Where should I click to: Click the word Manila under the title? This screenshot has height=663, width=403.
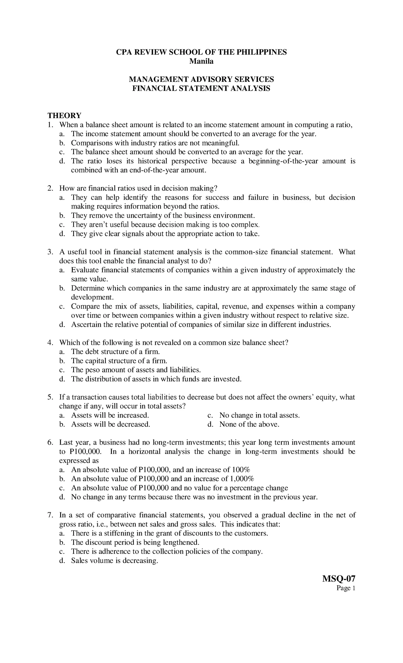(201, 61)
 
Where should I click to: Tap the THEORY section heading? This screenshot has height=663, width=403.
(64, 116)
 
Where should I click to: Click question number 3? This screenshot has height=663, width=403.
(50, 252)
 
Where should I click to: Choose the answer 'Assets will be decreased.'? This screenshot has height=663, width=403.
(110, 424)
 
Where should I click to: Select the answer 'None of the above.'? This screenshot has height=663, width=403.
(249, 424)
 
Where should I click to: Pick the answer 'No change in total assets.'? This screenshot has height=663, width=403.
(259, 415)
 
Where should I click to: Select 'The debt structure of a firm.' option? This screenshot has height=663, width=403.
(116, 352)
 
